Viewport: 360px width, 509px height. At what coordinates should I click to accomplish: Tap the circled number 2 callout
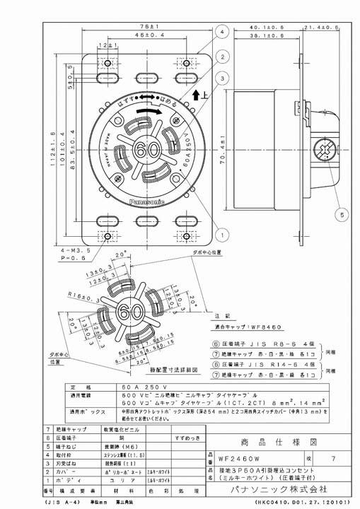click(223, 57)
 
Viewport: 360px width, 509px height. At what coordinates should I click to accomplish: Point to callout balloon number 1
click(223, 233)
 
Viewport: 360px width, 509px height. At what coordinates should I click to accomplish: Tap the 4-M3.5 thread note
click(69, 250)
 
